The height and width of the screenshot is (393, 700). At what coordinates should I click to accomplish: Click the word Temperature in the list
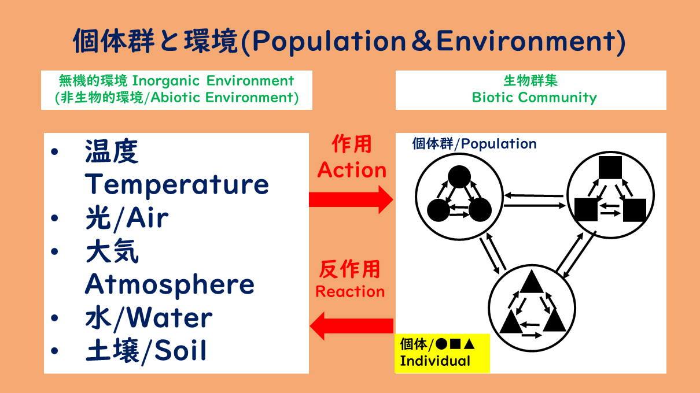[x=177, y=186]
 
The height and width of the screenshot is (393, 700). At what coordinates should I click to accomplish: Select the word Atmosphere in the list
[x=170, y=285]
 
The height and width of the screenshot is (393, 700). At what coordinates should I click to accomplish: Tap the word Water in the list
[x=170, y=318]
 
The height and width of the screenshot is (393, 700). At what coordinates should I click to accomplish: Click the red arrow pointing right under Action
[x=351, y=199]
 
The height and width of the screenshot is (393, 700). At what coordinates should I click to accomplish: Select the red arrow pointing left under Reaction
[x=352, y=326]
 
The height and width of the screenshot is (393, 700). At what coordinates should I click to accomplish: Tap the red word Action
[x=352, y=170]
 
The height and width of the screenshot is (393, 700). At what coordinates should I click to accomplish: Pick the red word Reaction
[x=350, y=291]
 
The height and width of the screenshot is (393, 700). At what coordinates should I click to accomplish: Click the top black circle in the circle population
[x=459, y=177]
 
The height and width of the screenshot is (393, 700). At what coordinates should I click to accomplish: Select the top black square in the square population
[x=610, y=168]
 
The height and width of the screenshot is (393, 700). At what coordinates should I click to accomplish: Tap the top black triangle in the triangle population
[x=532, y=281]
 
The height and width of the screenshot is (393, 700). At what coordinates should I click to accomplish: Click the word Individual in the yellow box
[x=435, y=361]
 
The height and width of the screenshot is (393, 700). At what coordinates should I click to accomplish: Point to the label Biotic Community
[x=535, y=98]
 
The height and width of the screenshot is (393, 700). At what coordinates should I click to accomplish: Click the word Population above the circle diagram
[x=499, y=144]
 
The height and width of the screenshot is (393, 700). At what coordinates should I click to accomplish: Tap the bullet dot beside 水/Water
[x=54, y=318]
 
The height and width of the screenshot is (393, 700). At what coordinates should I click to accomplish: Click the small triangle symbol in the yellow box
[x=469, y=344]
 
